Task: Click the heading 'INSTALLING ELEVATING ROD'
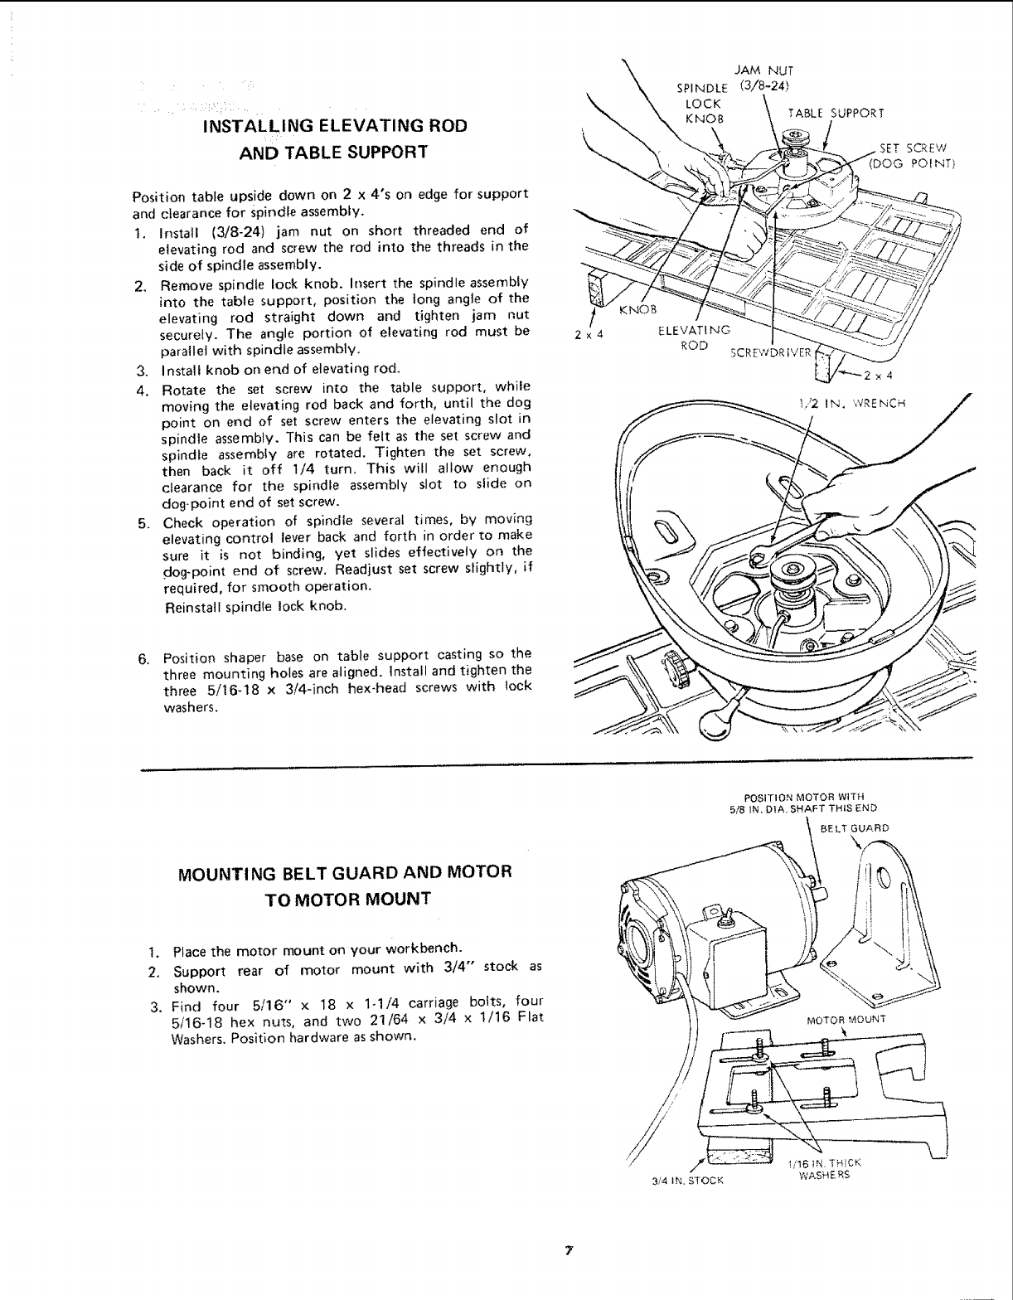pos(335,126)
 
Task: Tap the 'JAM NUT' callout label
pos(754,71)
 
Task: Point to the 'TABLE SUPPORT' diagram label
pos(836,114)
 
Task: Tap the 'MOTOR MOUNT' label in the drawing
pos(835,1019)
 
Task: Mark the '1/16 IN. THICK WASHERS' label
pos(824,1168)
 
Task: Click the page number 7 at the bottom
pos(569,1249)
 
